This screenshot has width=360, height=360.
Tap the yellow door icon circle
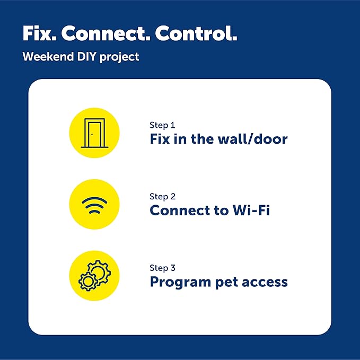(94, 133)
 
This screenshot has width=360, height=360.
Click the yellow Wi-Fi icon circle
(94, 204)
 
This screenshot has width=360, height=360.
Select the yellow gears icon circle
(94, 276)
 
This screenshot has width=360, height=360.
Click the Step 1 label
(162, 126)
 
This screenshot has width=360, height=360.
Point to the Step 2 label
(163, 197)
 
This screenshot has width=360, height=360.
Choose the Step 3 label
(163, 268)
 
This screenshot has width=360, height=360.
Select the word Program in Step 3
(179, 282)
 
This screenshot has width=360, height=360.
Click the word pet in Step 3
(225, 282)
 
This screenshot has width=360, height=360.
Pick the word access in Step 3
(266, 282)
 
